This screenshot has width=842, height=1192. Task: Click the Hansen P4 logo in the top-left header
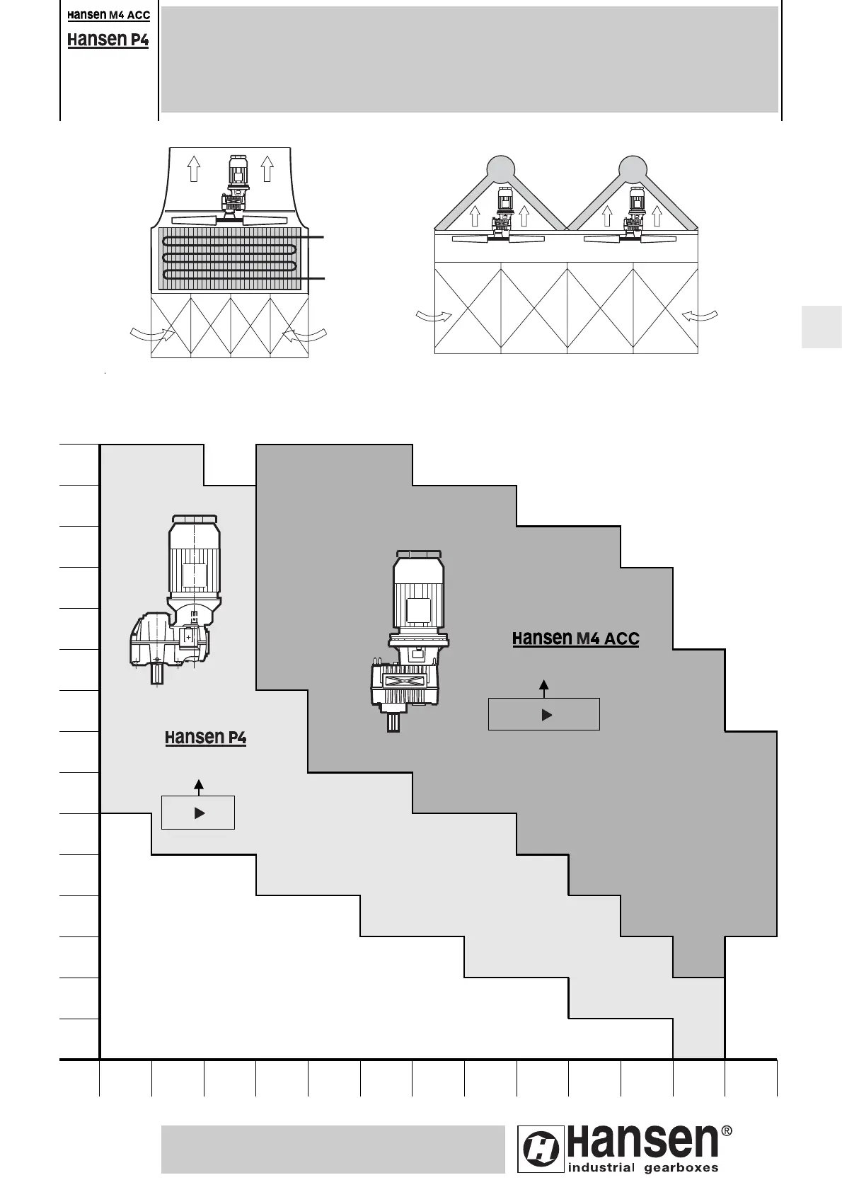108,40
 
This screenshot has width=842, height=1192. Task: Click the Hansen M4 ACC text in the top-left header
108,16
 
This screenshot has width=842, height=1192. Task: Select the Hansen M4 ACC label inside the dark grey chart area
575,638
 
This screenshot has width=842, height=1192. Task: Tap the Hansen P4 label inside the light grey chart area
205,738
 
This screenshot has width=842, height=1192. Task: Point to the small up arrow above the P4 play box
199,785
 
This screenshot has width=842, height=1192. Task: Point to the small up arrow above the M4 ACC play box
543,686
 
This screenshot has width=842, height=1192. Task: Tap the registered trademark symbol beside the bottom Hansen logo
725,1132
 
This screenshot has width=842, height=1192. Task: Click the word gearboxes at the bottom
681,1168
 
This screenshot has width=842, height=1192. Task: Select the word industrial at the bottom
601,1168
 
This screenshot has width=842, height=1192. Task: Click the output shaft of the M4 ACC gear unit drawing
393,722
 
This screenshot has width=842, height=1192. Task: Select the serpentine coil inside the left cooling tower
229,258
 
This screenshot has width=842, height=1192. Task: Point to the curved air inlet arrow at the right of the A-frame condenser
700,316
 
